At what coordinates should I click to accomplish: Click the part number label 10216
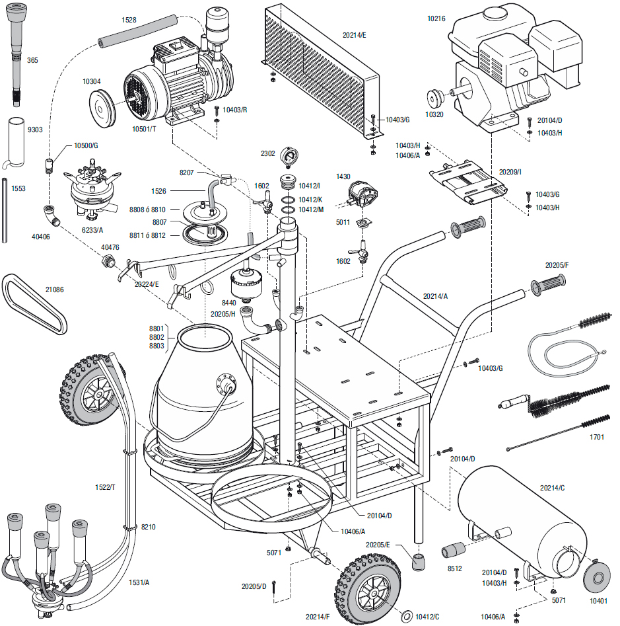pyautogui.click(x=436, y=19)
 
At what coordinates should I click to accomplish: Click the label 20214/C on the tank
pyautogui.click(x=553, y=488)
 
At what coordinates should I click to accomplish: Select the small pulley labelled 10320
pyautogui.click(x=435, y=97)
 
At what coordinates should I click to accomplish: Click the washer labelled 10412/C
pyautogui.click(x=406, y=615)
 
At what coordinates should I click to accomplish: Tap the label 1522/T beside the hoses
pyautogui.click(x=105, y=487)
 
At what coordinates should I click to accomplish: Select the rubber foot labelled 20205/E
pyautogui.click(x=418, y=562)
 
